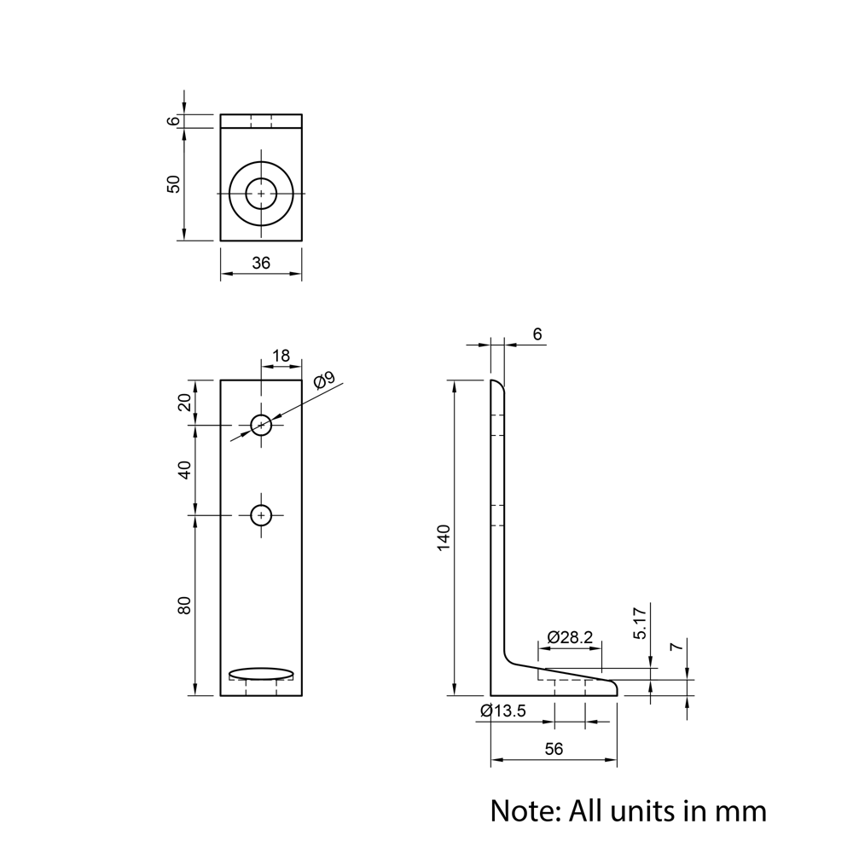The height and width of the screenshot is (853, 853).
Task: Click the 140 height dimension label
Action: (444, 537)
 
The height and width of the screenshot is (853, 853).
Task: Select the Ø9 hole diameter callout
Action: (323, 381)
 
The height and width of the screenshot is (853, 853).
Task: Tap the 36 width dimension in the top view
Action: (261, 264)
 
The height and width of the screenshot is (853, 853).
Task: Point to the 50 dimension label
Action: (174, 184)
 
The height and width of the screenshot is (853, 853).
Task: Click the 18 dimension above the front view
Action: (281, 356)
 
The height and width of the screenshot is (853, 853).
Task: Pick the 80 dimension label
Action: (184, 605)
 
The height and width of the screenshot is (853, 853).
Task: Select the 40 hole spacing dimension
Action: (184, 470)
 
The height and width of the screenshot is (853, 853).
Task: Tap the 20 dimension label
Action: (184, 402)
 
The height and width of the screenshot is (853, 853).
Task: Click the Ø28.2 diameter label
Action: (571, 637)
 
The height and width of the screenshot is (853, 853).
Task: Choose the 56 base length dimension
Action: (554, 749)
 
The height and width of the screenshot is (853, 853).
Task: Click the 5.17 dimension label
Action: (641, 624)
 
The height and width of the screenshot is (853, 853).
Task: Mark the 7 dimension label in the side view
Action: (676, 648)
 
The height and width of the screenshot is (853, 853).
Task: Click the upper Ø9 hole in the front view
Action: (261, 424)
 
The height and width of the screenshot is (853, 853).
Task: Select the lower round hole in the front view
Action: (261, 515)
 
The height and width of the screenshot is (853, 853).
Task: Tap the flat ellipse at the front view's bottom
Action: (261, 674)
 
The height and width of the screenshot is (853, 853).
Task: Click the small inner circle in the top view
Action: (261, 194)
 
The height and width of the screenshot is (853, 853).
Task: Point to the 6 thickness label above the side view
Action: (537, 334)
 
